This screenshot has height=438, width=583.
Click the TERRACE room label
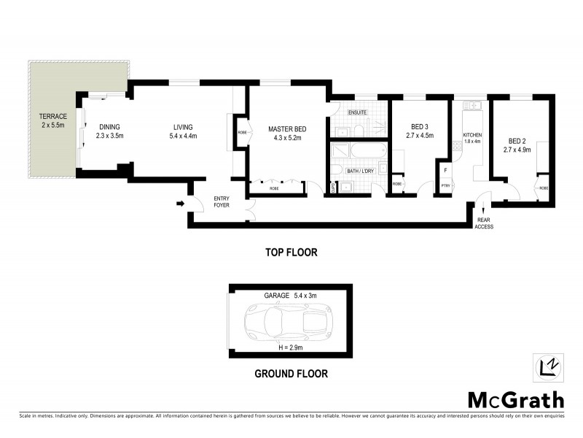52,116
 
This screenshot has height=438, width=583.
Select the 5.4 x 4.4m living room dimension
183,136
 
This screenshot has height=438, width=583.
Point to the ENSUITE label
357,112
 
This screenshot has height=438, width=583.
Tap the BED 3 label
419,127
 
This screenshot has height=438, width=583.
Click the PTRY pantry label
445,185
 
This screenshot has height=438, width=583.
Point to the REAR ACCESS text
485,223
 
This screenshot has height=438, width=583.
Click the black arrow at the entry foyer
180,204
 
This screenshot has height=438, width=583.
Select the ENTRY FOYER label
222,201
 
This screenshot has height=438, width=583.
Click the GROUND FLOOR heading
290,374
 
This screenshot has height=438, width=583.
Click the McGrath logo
515,399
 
